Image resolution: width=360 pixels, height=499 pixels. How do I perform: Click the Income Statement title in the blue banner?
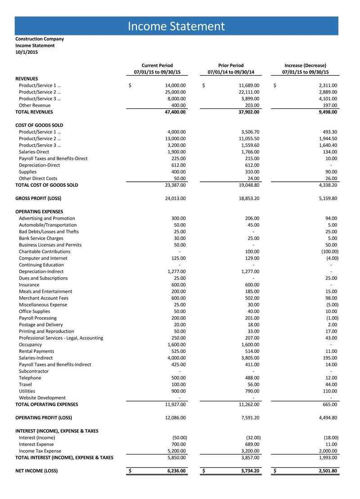[176, 26]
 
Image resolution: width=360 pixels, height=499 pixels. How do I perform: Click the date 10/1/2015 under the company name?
[27, 52]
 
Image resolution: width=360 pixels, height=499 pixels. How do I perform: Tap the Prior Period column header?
[230, 65]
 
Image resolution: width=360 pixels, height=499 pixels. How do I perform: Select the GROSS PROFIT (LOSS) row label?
[38, 198]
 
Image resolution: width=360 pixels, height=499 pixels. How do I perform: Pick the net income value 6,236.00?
[175, 471]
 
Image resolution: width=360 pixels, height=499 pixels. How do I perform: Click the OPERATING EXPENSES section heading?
[39, 211]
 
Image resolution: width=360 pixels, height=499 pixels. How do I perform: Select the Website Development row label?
[42, 398]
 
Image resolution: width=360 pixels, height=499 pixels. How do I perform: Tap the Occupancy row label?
[30, 345]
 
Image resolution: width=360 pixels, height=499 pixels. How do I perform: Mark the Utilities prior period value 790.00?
[251, 391]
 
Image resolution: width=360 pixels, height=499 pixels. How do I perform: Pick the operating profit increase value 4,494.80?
[327, 418]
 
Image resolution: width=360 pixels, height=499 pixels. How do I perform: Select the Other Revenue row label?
[35, 105]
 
